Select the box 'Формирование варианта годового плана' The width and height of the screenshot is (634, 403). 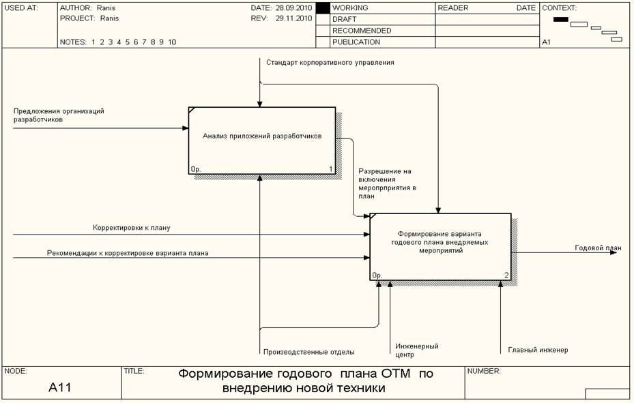[440, 246]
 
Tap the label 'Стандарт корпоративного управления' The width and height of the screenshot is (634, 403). [330, 62]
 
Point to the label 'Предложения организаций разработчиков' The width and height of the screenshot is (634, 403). [59, 115]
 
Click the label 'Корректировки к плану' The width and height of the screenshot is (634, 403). [136, 227]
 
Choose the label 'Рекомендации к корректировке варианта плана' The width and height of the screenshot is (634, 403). [128, 253]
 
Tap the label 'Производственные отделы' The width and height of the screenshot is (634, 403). [308, 352]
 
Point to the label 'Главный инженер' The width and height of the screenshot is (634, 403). [537, 350]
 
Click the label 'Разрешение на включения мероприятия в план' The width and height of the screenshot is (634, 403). [387, 183]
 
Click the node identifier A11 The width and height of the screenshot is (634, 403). [60, 388]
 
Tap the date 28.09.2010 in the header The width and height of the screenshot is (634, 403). [293, 8]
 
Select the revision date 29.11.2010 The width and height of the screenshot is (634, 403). [293, 18]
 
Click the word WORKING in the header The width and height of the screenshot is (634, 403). [350, 8]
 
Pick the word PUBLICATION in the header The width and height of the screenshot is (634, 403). [356, 42]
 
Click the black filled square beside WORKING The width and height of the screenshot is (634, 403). [323, 8]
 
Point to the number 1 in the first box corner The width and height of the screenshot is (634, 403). [331, 169]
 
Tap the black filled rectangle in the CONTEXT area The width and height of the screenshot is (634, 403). [561, 19]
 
